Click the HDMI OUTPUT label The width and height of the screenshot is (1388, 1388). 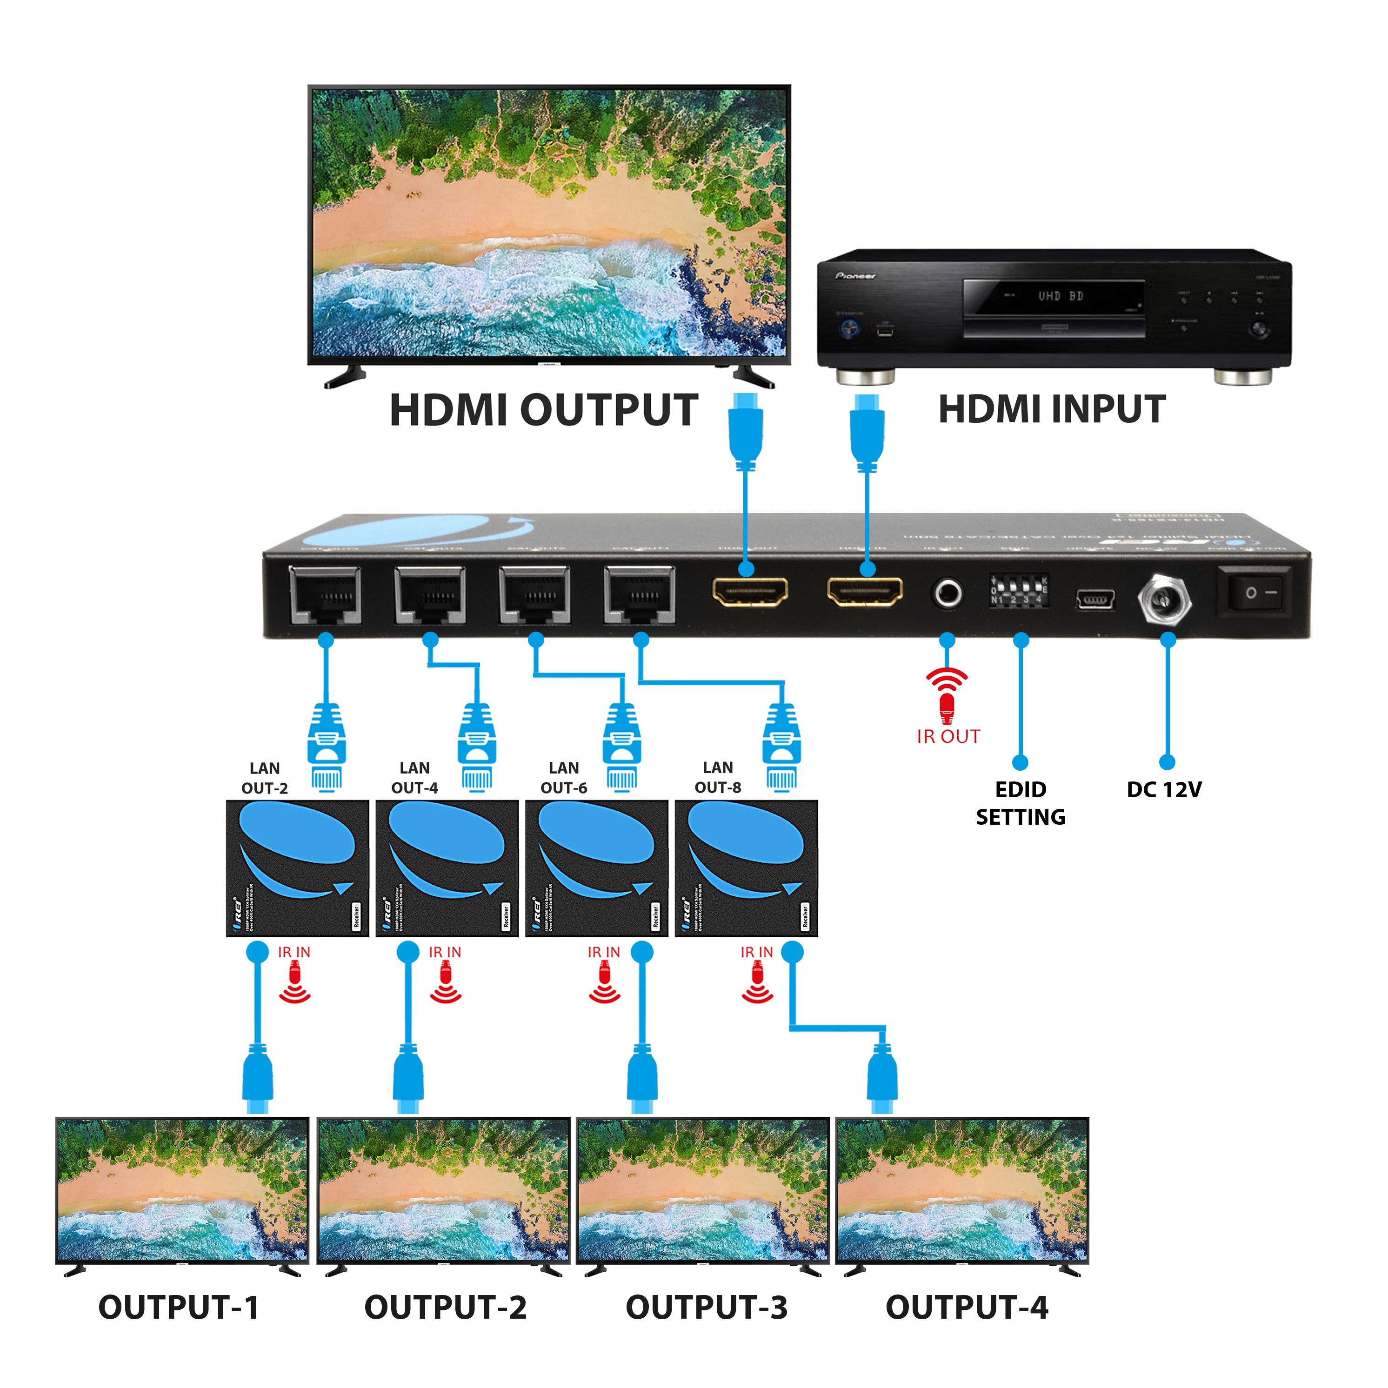click(x=543, y=410)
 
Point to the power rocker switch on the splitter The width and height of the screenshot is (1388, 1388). click(x=1252, y=593)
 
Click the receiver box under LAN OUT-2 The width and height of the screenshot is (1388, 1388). click(x=297, y=868)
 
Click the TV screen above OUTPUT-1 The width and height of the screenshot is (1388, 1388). click(x=182, y=1189)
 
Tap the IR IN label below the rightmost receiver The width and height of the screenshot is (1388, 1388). click(x=756, y=952)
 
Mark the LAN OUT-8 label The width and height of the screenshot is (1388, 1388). click(x=718, y=777)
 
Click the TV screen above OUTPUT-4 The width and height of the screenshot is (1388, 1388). click(x=962, y=1189)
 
